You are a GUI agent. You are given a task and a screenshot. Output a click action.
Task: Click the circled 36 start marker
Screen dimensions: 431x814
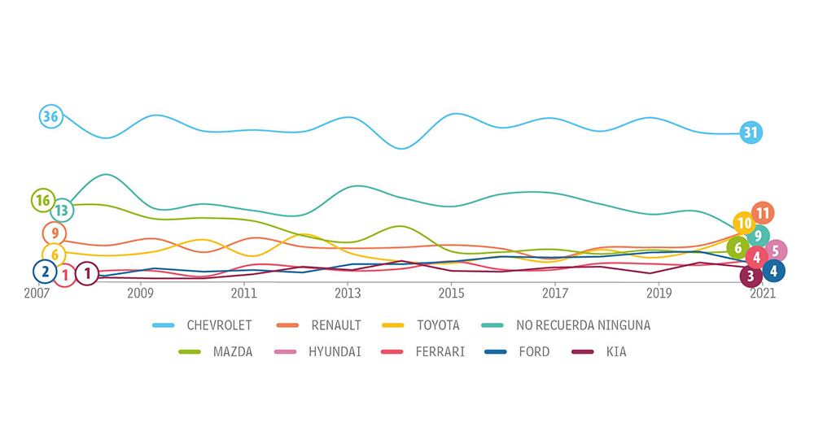(x=50, y=116)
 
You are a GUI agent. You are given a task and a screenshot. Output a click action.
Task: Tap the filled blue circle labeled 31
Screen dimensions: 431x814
(x=751, y=133)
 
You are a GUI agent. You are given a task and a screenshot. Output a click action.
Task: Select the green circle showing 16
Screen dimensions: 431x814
(x=43, y=200)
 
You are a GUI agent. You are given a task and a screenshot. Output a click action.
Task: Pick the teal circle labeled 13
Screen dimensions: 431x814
(x=62, y=211)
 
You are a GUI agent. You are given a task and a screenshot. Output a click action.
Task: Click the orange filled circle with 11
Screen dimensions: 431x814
(x=763, y=214)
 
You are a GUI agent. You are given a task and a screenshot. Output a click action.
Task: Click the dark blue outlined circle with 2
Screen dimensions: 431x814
(x=45, y=272)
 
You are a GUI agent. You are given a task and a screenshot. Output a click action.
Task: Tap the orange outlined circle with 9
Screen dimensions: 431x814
(x=54, y=233)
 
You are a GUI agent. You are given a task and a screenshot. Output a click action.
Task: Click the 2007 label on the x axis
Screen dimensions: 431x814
(x=37, y=293)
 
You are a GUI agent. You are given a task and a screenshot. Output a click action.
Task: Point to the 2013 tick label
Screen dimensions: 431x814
(x=348, y=293)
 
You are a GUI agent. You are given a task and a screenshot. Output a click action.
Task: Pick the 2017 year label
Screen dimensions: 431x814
(x=554, y=293)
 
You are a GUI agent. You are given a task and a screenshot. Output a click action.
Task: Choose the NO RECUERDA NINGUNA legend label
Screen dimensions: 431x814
(x=583, y=325)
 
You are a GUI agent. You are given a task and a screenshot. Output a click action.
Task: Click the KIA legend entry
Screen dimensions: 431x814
(x=615, y=352)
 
